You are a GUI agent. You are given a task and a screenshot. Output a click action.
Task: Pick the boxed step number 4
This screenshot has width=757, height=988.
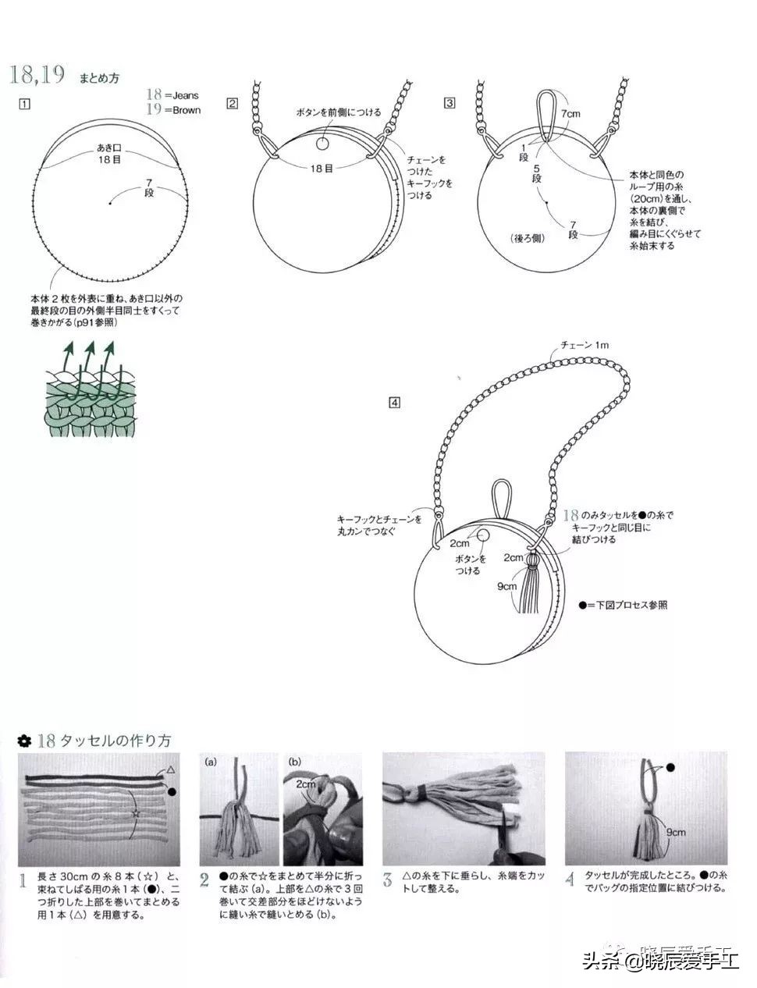[395, 403]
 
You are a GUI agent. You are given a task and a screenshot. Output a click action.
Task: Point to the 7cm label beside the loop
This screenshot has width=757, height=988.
[571, 114]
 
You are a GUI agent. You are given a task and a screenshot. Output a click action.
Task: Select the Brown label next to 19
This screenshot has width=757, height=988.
[186, 110]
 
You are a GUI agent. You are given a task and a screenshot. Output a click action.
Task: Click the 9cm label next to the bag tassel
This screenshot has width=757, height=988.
[506, 585]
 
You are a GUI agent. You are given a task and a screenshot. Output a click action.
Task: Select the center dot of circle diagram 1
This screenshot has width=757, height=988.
[110, 204]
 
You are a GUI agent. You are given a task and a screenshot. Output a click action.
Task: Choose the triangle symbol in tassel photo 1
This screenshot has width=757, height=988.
[170, 769]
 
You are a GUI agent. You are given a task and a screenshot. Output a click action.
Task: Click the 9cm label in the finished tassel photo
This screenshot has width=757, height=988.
[676, 832]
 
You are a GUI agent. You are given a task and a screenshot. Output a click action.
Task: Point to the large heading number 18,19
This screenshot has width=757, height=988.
[36, 75]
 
